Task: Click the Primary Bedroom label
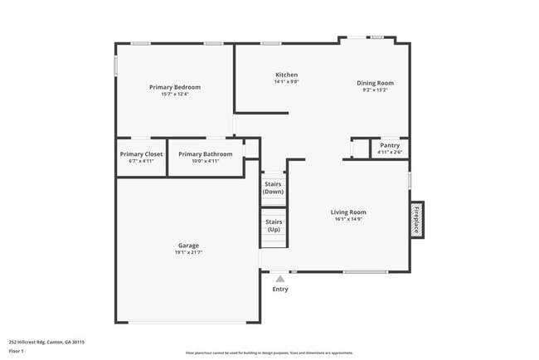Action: (174, 87)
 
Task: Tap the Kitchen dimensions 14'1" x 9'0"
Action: (286, 82)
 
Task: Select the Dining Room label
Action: (375, 83)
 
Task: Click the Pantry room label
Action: (389, 145)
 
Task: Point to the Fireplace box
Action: (417, 219)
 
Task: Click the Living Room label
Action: (348, 212)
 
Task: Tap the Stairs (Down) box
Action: (273, 187)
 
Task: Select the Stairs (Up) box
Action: (273, 226)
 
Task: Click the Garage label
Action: (188, 245)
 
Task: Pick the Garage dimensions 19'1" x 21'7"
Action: (188, 252)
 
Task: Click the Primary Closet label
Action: (141, 153)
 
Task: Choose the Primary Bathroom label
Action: (205, 153)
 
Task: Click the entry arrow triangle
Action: (280, 280)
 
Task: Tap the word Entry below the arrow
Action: (280, 289)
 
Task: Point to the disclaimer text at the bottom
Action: (269, 353)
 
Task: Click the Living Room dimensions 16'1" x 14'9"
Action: (348, 220)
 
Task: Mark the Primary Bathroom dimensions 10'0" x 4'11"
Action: (205, 161)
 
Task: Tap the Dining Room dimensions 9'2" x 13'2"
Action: (375, 90)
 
